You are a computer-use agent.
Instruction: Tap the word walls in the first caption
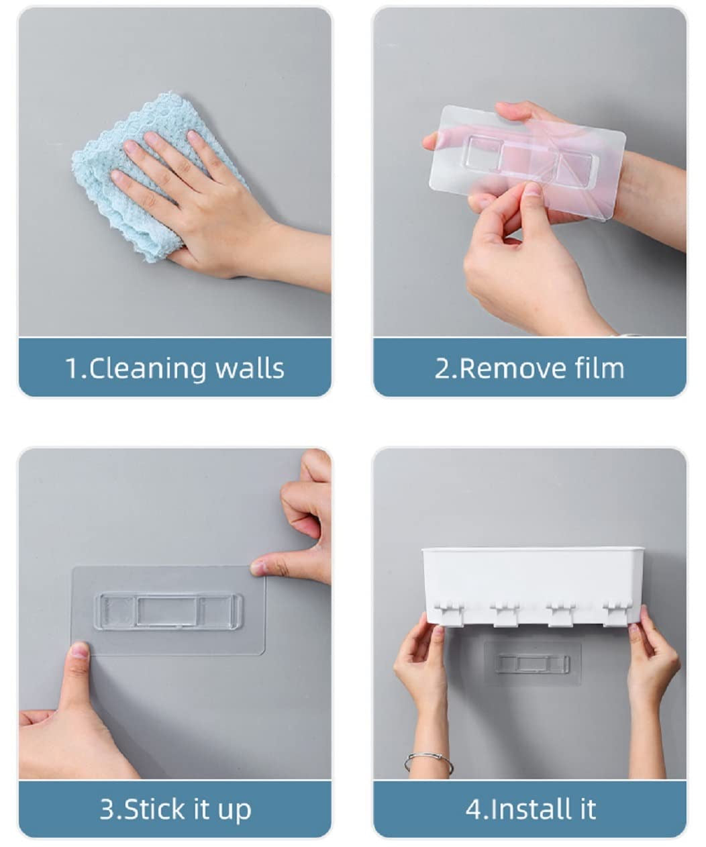click(250, 368)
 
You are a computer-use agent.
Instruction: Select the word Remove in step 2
click(503, 368)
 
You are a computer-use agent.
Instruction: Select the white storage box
click(532, 577)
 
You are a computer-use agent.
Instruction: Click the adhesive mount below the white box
click(533, 663)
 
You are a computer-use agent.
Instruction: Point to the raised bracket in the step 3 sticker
click(168, 611)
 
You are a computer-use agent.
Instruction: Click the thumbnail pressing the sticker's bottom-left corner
click(79, 650)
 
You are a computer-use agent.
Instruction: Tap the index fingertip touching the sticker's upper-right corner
click(258, 568)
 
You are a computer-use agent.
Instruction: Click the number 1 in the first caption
click(72, 368)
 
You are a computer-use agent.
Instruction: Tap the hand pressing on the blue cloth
click(195, 201)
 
